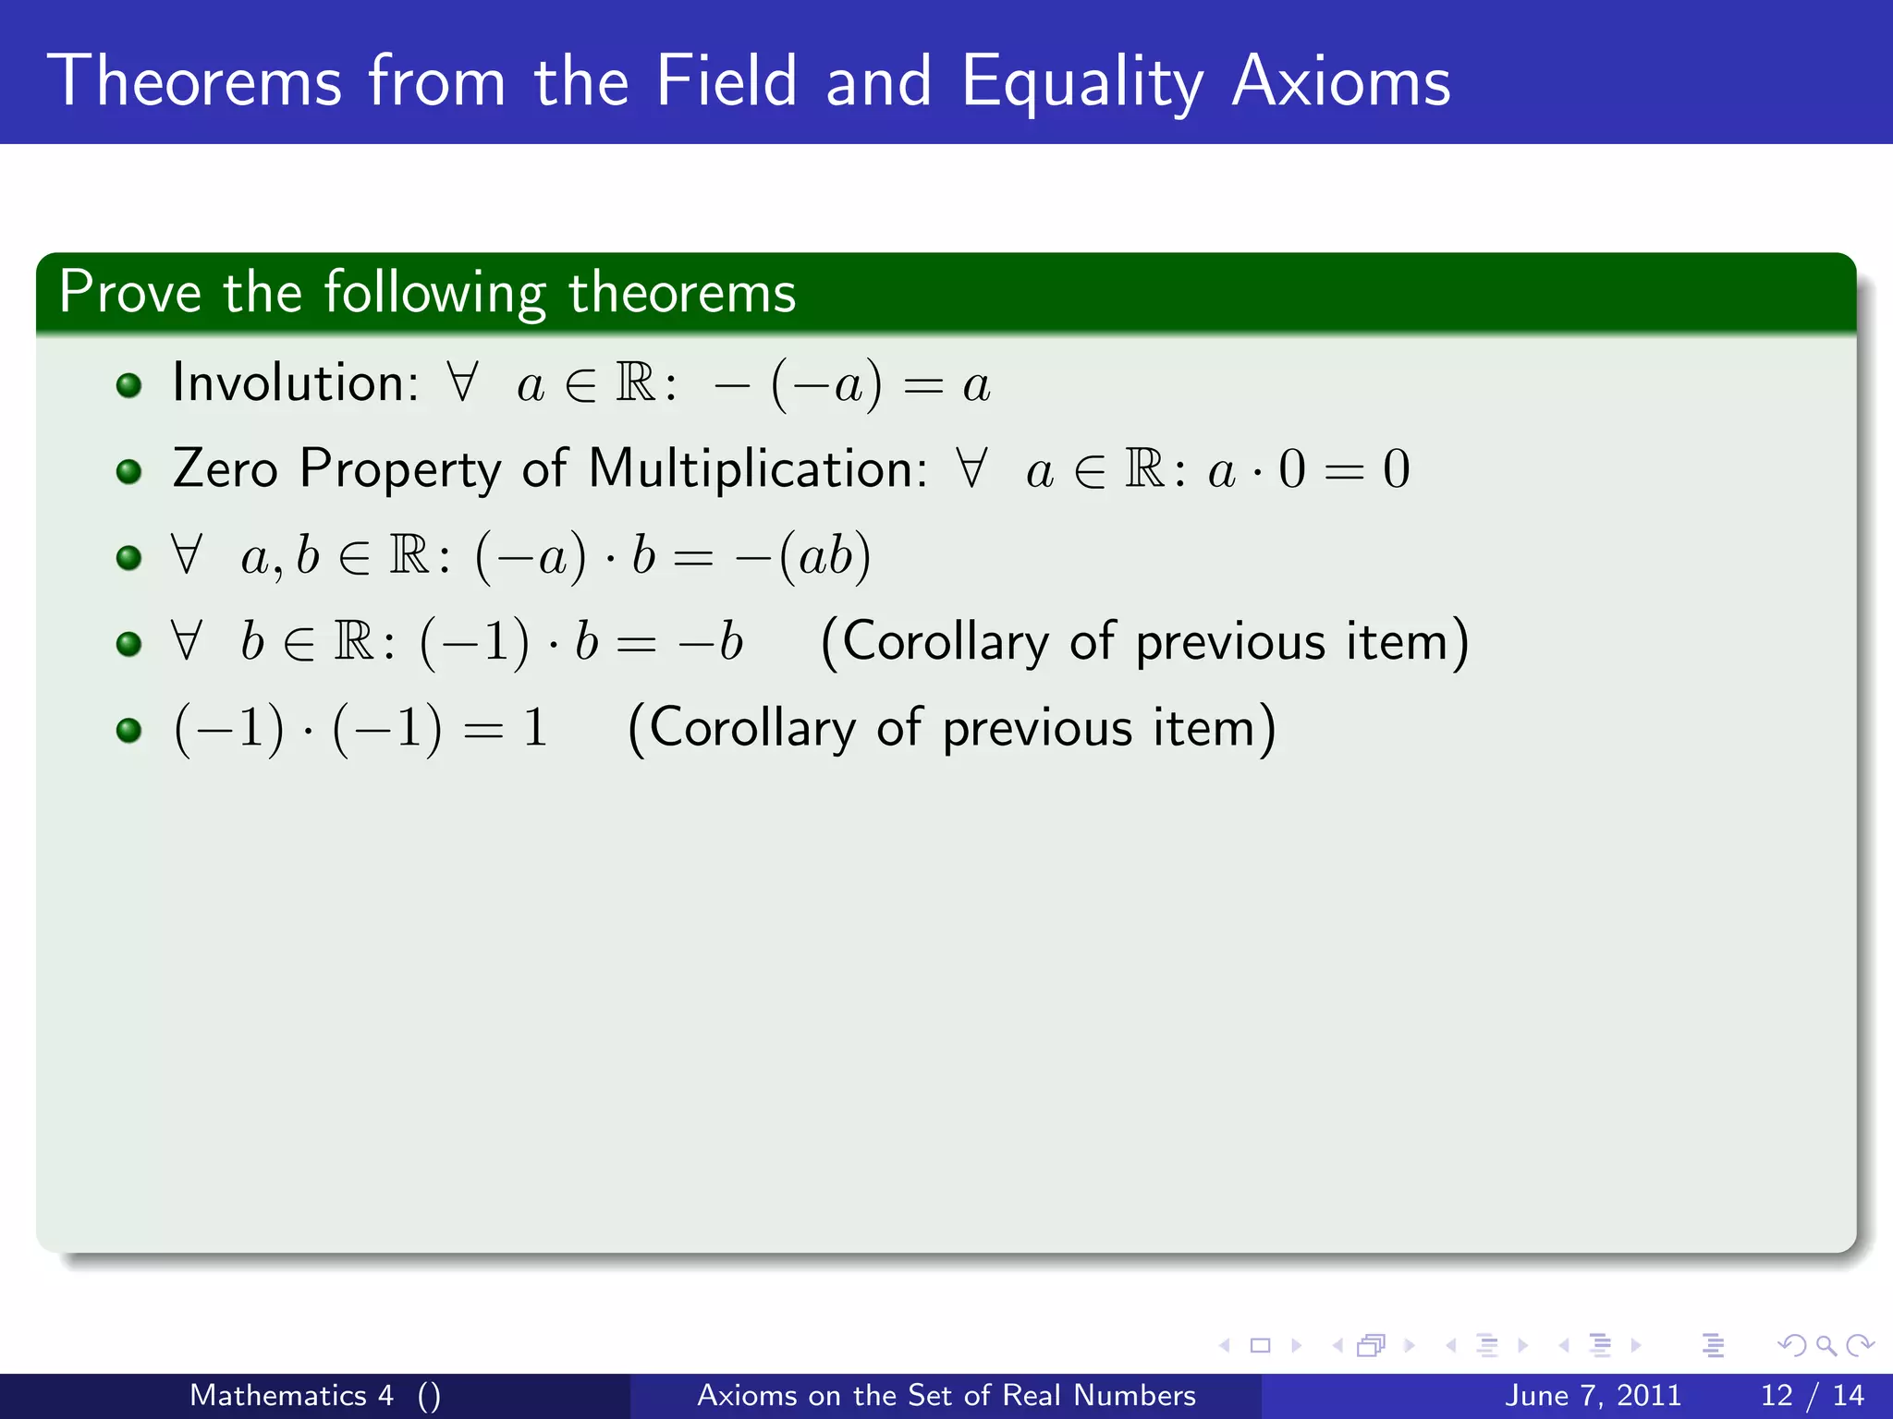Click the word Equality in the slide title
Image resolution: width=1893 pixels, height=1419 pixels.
click(x=1081, y=83)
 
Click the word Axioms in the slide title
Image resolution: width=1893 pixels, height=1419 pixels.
click(x=1341, y=81)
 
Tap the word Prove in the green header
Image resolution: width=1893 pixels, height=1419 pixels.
click(x=129, y=293)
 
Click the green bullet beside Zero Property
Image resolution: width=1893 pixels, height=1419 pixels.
click(x=129, y=472)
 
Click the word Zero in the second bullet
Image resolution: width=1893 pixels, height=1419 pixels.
click(x=226, y=468)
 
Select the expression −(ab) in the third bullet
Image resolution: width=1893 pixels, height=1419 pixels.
click(x=802, y=557)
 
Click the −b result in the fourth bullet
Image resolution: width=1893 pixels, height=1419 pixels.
click(x=710, y=642)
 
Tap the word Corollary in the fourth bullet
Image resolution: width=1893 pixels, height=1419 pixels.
click(x=945, y=642)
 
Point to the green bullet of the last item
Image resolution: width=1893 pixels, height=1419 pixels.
click(x=129, y=731)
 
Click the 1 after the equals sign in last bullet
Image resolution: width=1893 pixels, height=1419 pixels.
click(x=534, y=728)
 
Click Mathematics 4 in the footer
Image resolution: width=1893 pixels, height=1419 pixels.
click(x=291, y=1395)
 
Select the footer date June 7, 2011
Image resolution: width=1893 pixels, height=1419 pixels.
click(x=1593, y=1395)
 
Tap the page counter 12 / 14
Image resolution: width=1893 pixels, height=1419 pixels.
click(x=1812, y=1395)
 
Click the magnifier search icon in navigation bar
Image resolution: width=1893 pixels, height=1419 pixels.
click(x=1826, y=1346)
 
